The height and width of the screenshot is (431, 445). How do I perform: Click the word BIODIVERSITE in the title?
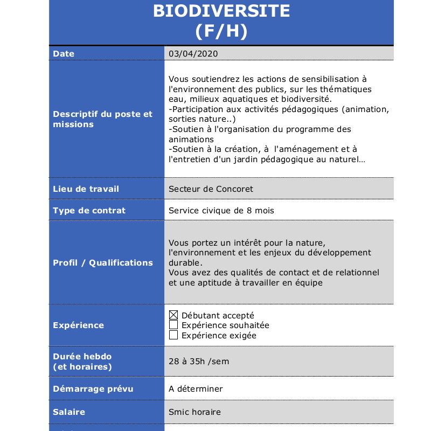coord(221,11)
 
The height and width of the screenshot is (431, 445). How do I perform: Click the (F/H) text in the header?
coord(221,31)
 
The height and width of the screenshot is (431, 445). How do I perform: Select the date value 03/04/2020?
coord(193,54)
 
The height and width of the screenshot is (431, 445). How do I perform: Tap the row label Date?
coord(64,54)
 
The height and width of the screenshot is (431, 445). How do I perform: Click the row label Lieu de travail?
coord(86,189)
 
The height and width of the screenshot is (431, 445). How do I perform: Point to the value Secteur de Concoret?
coord(211,189)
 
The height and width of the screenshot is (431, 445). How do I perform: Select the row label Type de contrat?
coord(89,211)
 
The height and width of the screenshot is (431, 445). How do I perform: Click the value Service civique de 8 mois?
coord(221,211)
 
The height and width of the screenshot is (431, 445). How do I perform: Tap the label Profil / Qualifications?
coord(103,263)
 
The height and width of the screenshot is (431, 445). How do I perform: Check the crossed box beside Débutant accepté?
coord(173,315)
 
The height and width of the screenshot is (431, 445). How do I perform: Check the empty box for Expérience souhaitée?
coord(173,325)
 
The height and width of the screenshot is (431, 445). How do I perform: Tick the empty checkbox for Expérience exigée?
coord(173,335)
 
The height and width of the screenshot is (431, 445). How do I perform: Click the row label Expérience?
coord(78,325)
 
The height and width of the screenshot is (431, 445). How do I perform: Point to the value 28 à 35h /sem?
coord(199,362)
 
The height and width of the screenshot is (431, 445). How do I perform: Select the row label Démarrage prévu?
coord(93,389)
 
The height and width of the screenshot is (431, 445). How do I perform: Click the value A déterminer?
coord(196,389)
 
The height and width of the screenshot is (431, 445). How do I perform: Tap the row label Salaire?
coord(69,412)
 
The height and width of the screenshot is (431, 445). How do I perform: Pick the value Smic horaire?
coord(194,412)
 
